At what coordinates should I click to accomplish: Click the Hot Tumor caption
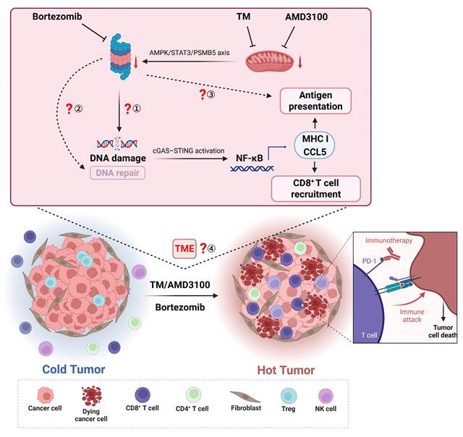click(x=286, y=370)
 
